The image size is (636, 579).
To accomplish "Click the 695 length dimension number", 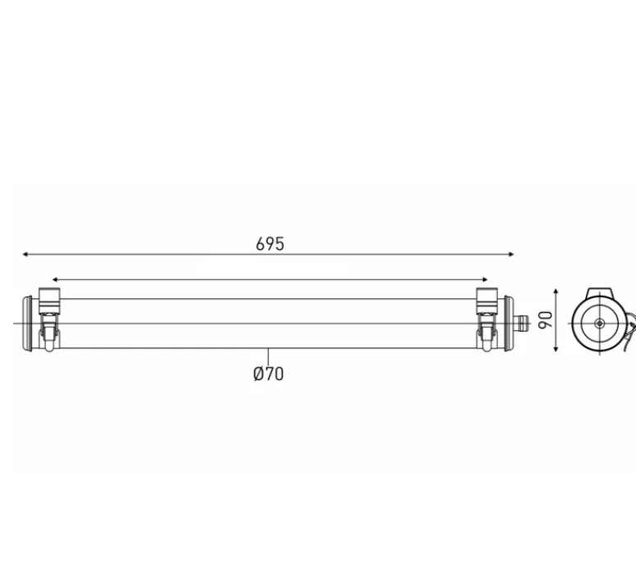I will [x=270, y=243].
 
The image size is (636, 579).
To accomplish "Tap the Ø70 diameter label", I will [x=269, y=374].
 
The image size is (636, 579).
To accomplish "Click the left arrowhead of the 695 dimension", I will [x=25, y=255].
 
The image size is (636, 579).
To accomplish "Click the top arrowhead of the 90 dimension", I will [x=558, y=292].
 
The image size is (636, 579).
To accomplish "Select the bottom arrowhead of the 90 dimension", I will [x=558, y=349].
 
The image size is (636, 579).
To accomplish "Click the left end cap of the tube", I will [x=31, y=323].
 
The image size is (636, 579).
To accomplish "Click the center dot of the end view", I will [x=600, y=324].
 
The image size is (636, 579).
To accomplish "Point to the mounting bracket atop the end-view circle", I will [x=601, y=294].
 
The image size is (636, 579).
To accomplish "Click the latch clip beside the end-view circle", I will [x=629, y=329].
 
